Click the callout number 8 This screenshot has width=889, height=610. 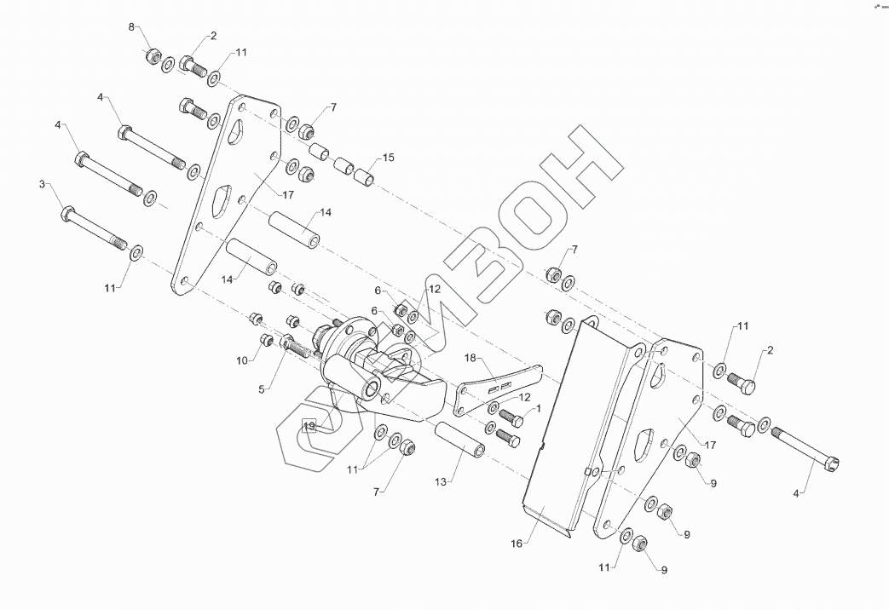coord(131,28)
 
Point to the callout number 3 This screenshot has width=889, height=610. coord(42,183)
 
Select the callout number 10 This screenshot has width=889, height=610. coord(241,361)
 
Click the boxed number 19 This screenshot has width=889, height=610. coord(309,425)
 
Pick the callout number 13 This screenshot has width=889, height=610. coord(440,482)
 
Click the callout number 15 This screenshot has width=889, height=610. coord(388,158)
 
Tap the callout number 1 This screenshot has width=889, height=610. coord(538,411)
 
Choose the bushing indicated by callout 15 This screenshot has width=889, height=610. coord(365,180)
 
